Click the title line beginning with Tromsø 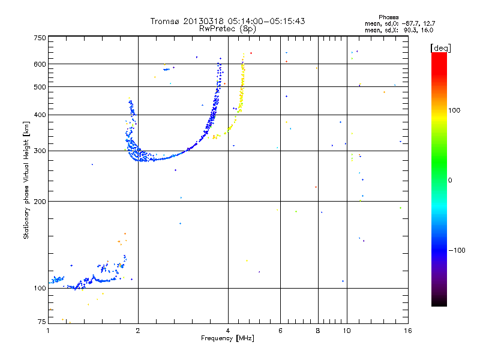(x=227, y=21)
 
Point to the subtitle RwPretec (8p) (x=227, y=28)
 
